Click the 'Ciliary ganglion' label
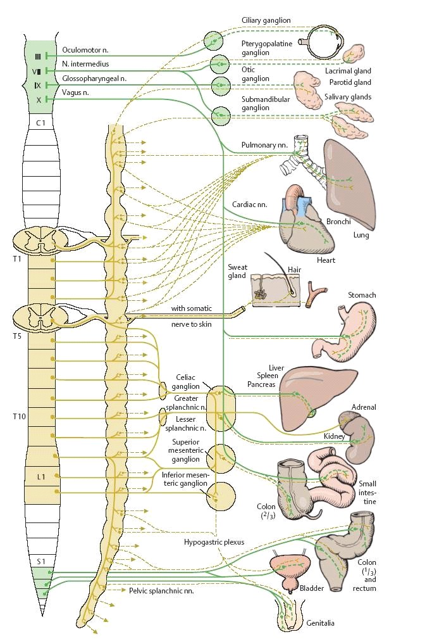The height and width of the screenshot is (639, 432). pos(266,20)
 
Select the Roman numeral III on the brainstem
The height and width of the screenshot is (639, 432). pos(37,56)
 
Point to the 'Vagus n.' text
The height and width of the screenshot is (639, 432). pos(75,92)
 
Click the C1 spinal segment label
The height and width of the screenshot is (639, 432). pos(40,123)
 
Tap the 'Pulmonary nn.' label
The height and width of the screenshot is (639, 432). pos(264,145)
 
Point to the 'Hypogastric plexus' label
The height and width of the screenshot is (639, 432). pos(214,542)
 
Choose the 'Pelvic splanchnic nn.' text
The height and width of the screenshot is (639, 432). pos(161,590)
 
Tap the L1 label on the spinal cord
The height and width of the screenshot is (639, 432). pos(41,476)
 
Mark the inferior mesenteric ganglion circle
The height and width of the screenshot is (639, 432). pos(221,496)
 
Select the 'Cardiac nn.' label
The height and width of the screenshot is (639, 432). pos(250,205)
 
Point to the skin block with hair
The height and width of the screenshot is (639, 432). pos(276,290)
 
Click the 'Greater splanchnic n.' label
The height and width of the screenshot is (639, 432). pos(186,403)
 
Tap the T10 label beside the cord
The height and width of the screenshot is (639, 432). pos(19,417)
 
